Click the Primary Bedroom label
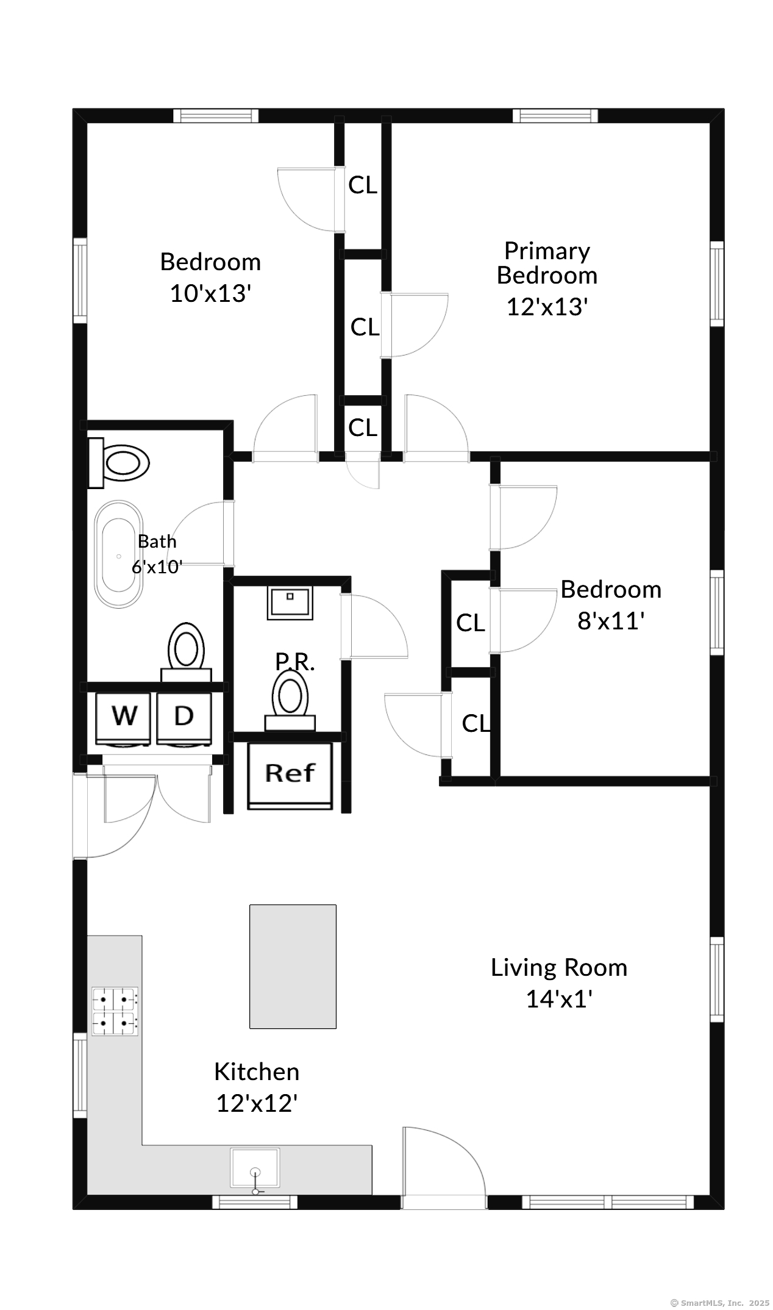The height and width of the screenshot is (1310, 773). point(547,263)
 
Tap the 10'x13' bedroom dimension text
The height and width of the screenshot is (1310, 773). point(210,294)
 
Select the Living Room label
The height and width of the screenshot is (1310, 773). point(559,967)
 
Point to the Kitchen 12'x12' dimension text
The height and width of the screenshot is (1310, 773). point(257,1103)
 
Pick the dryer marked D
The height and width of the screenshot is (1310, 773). point(184,718)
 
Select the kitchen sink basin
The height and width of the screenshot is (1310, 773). point(255,1168)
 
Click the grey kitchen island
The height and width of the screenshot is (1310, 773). point(293,966)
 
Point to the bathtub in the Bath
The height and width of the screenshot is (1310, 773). point(118,554)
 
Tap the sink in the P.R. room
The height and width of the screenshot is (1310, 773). point(290,603)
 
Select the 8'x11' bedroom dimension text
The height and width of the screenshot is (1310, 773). point(611,621)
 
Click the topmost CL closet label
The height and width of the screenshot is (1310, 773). point(363,185)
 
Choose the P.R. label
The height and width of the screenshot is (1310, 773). point(295,662)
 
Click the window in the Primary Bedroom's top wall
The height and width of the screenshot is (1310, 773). point(555,116)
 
